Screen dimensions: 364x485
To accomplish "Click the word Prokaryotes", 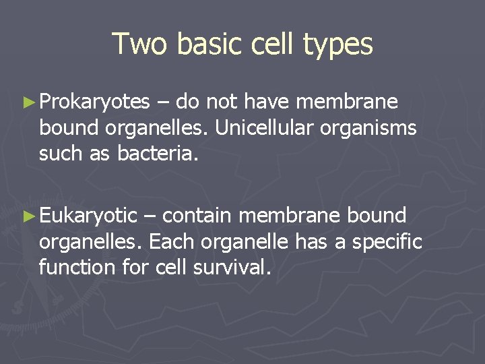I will click(94, 102).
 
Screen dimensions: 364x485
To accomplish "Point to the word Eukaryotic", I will click(88, 216).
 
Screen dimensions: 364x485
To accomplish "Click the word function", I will click(77, 268).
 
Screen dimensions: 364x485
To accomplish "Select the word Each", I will click(171, 242).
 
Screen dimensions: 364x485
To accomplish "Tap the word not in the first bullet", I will click(220, 102).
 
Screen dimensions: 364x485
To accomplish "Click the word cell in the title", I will click(278, 44).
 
